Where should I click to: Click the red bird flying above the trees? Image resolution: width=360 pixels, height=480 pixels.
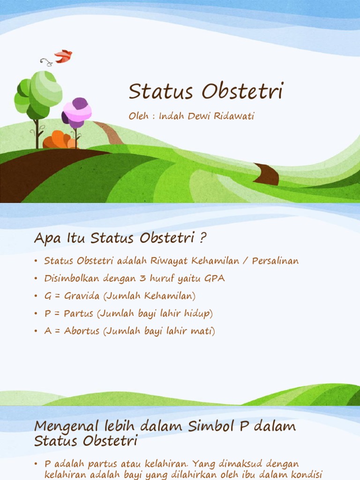coord(63,56)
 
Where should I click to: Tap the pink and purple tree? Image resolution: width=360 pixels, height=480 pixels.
coord(77,113)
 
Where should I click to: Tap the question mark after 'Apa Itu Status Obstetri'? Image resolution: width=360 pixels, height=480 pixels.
coord(202,238)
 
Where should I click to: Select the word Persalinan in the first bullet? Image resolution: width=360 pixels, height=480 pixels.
coord(275,261)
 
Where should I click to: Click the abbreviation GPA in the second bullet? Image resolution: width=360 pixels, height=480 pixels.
coord(215,278)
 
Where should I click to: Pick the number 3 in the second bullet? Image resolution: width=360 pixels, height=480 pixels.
coord(141,278)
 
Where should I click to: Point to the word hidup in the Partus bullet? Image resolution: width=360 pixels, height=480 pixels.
coord(201,314)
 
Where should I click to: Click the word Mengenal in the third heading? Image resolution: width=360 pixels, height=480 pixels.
coord(63,427)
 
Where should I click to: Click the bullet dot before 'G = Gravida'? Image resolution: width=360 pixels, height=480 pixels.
coord(36,296)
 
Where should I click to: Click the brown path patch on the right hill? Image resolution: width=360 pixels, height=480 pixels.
coord(267,174)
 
